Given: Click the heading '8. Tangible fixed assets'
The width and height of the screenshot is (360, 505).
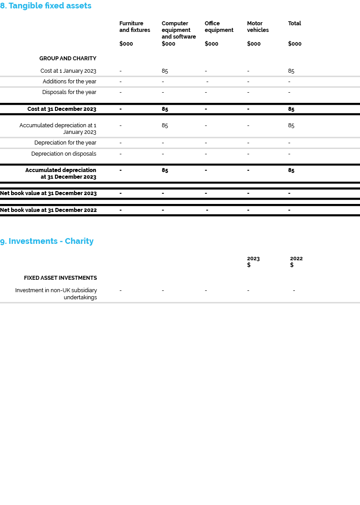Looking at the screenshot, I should pyautogui.click(x=46, y=6).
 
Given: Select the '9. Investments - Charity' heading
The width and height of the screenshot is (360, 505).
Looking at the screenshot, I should pyautogui.click(x=47, y=241).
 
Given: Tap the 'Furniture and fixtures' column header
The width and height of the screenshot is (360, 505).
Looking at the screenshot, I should pyautogui.click(x=135, y=27).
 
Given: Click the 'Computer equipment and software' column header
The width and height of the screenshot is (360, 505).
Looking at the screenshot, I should pyautogui.click(x=179, y=30).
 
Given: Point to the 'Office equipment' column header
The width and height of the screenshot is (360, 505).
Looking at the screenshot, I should pyautogui.click(x=219, y=27).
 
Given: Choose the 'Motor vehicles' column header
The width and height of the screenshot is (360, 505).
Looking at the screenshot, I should pyautogui.click(x=258, y=27).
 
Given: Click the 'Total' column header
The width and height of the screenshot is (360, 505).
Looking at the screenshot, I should pyautogui.click(x=294, y=23).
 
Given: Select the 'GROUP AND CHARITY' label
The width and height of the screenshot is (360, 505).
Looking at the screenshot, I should pyautogui.click(x=68, y=59).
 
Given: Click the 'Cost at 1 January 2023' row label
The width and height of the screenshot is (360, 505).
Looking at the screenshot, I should pyautogui.click(x=68, y=71).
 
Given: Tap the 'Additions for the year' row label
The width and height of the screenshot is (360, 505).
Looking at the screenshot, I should pyautogui.click(x=69, y=82).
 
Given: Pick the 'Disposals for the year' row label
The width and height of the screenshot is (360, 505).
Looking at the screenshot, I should pyautogui.click(x=69, y=92).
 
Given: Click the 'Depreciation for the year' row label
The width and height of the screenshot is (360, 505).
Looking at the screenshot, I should pyautogui.click(x=65, y=143).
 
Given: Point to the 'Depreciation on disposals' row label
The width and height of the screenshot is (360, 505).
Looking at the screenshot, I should pyautogui.click(x=64, y=154).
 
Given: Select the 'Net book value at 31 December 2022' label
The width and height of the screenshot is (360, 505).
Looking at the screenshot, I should pyautogui.click(x=48, y=210).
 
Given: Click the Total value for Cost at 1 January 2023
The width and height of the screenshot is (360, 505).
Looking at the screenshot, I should pyautogui.click(x=291, y=71).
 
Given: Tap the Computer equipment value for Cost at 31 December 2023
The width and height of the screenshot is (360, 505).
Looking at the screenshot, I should pyautogui.click(x=164, y=109).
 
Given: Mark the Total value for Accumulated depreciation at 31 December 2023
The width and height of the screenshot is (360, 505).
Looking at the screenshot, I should pyautogui.click(x=291, y=170).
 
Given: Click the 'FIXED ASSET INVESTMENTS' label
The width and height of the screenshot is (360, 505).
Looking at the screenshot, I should pyautogui.click(x=60, y=278).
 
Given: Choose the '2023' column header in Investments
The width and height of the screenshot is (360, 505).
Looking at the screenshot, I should pyautogui.click(x=253, y=258).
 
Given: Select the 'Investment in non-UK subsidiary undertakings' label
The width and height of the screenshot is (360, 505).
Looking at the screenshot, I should pyautogui.click(x=56, y=294).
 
